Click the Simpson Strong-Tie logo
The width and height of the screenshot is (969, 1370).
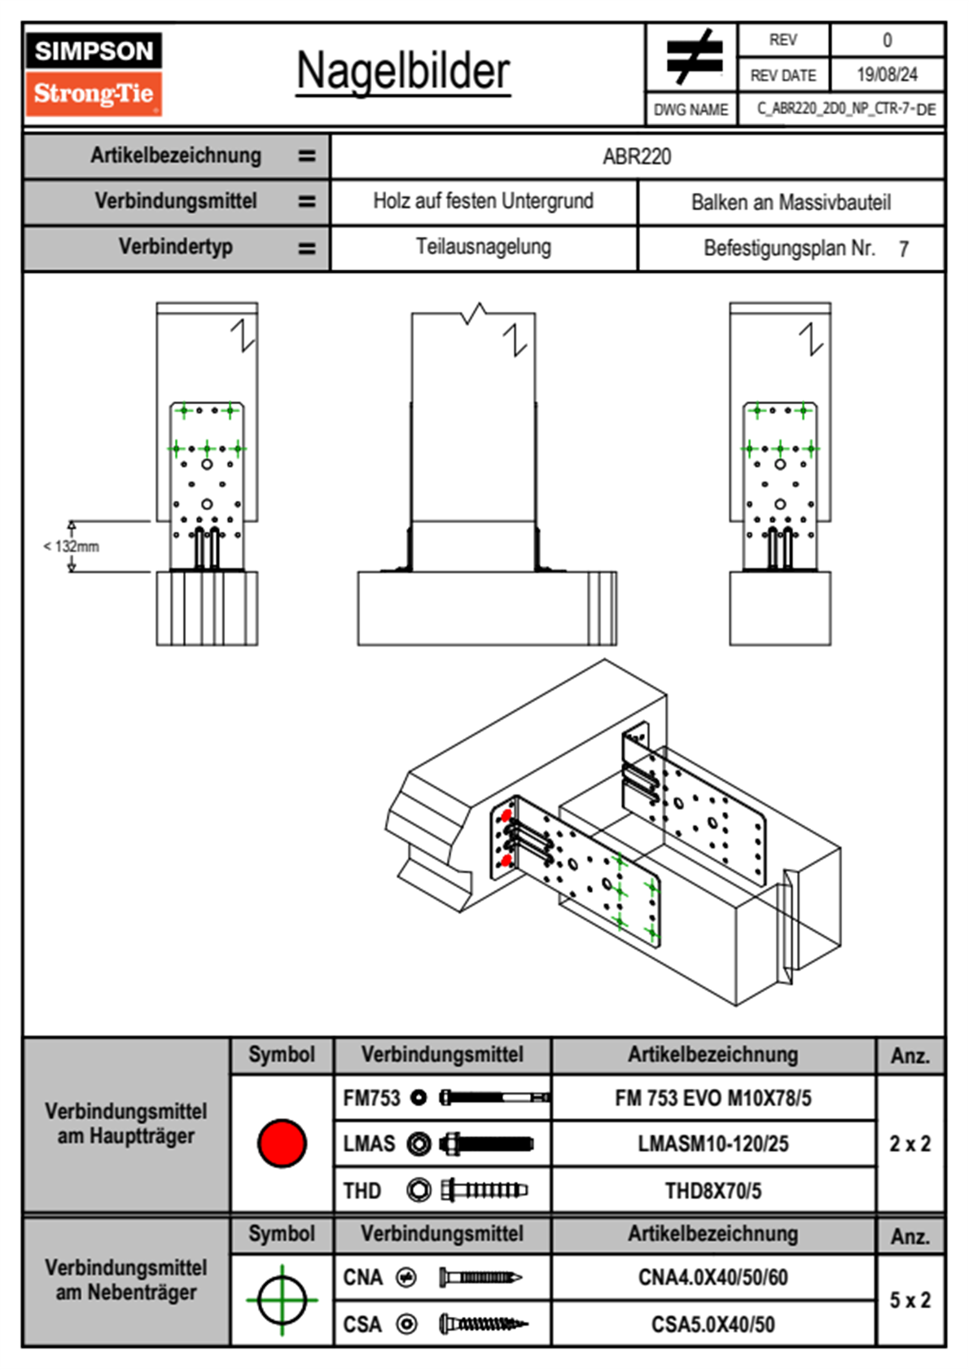pyautogui.click(x=94, y=73)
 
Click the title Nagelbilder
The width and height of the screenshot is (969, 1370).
pyautogui.click(x=403, y=71)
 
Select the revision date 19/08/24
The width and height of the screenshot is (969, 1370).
pyautogui.click(x=887, y=75)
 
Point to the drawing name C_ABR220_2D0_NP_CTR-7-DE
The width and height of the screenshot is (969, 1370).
pyautogui.click(x=845, y=109)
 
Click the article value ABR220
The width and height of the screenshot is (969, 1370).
pyautogui.click(x=637, y=156)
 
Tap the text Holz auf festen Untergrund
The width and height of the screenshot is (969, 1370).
pyautogui.click(x=483, y=201)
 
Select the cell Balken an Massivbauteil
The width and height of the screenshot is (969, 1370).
pyautogui.click(x=791, y=202)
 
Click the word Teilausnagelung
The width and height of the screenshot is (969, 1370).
pyautogui.click(x=483, y=247)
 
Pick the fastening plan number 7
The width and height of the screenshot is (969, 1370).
pyautogui.click(x=903, y=249)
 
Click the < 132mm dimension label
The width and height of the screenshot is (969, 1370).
pyautogui.click(x=72, y=547)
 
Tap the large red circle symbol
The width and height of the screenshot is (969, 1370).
pyautogui.click(x=282, y=1143)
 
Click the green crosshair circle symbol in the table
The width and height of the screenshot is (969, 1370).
pyautogui.click(x=282, y=1300)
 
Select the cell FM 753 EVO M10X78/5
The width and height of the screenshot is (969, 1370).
pyautogui.click(x=712, y=1099)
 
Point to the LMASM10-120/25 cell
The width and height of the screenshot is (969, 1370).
pyautogui.click(x=712, y=1144)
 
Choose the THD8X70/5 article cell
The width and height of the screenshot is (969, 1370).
pyautogui.click(x=712, y=1191)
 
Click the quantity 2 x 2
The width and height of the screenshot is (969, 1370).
pyautogui.click(x=910, y=1144)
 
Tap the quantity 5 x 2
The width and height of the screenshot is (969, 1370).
pyautogui.click(x=910, y=1300)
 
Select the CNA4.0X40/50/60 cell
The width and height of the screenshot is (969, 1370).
pyautogui.click(x=712, y=1277)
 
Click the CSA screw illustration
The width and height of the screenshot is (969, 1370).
pyautogui.click(x=482, y=1324)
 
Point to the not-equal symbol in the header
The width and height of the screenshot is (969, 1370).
pyautogui.click(x=693, y=57)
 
